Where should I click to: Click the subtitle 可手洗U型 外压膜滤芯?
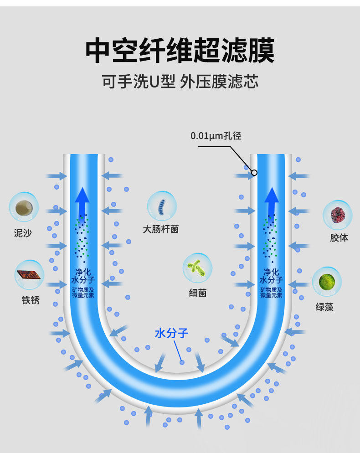coord(180,82)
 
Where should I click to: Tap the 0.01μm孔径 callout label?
coord(216,135)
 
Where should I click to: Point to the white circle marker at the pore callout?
coord(254,173)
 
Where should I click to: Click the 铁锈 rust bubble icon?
coord(30,275)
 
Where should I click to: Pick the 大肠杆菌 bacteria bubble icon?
coord(162,206)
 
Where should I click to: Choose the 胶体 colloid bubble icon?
coord(338,214)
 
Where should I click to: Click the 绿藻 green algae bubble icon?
coord(327,281)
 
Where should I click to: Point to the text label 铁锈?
coord(31,300)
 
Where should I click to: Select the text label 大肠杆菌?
coord(161,229)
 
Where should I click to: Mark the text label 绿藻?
coord(325,307)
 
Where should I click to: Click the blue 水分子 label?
coord(172,333)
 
